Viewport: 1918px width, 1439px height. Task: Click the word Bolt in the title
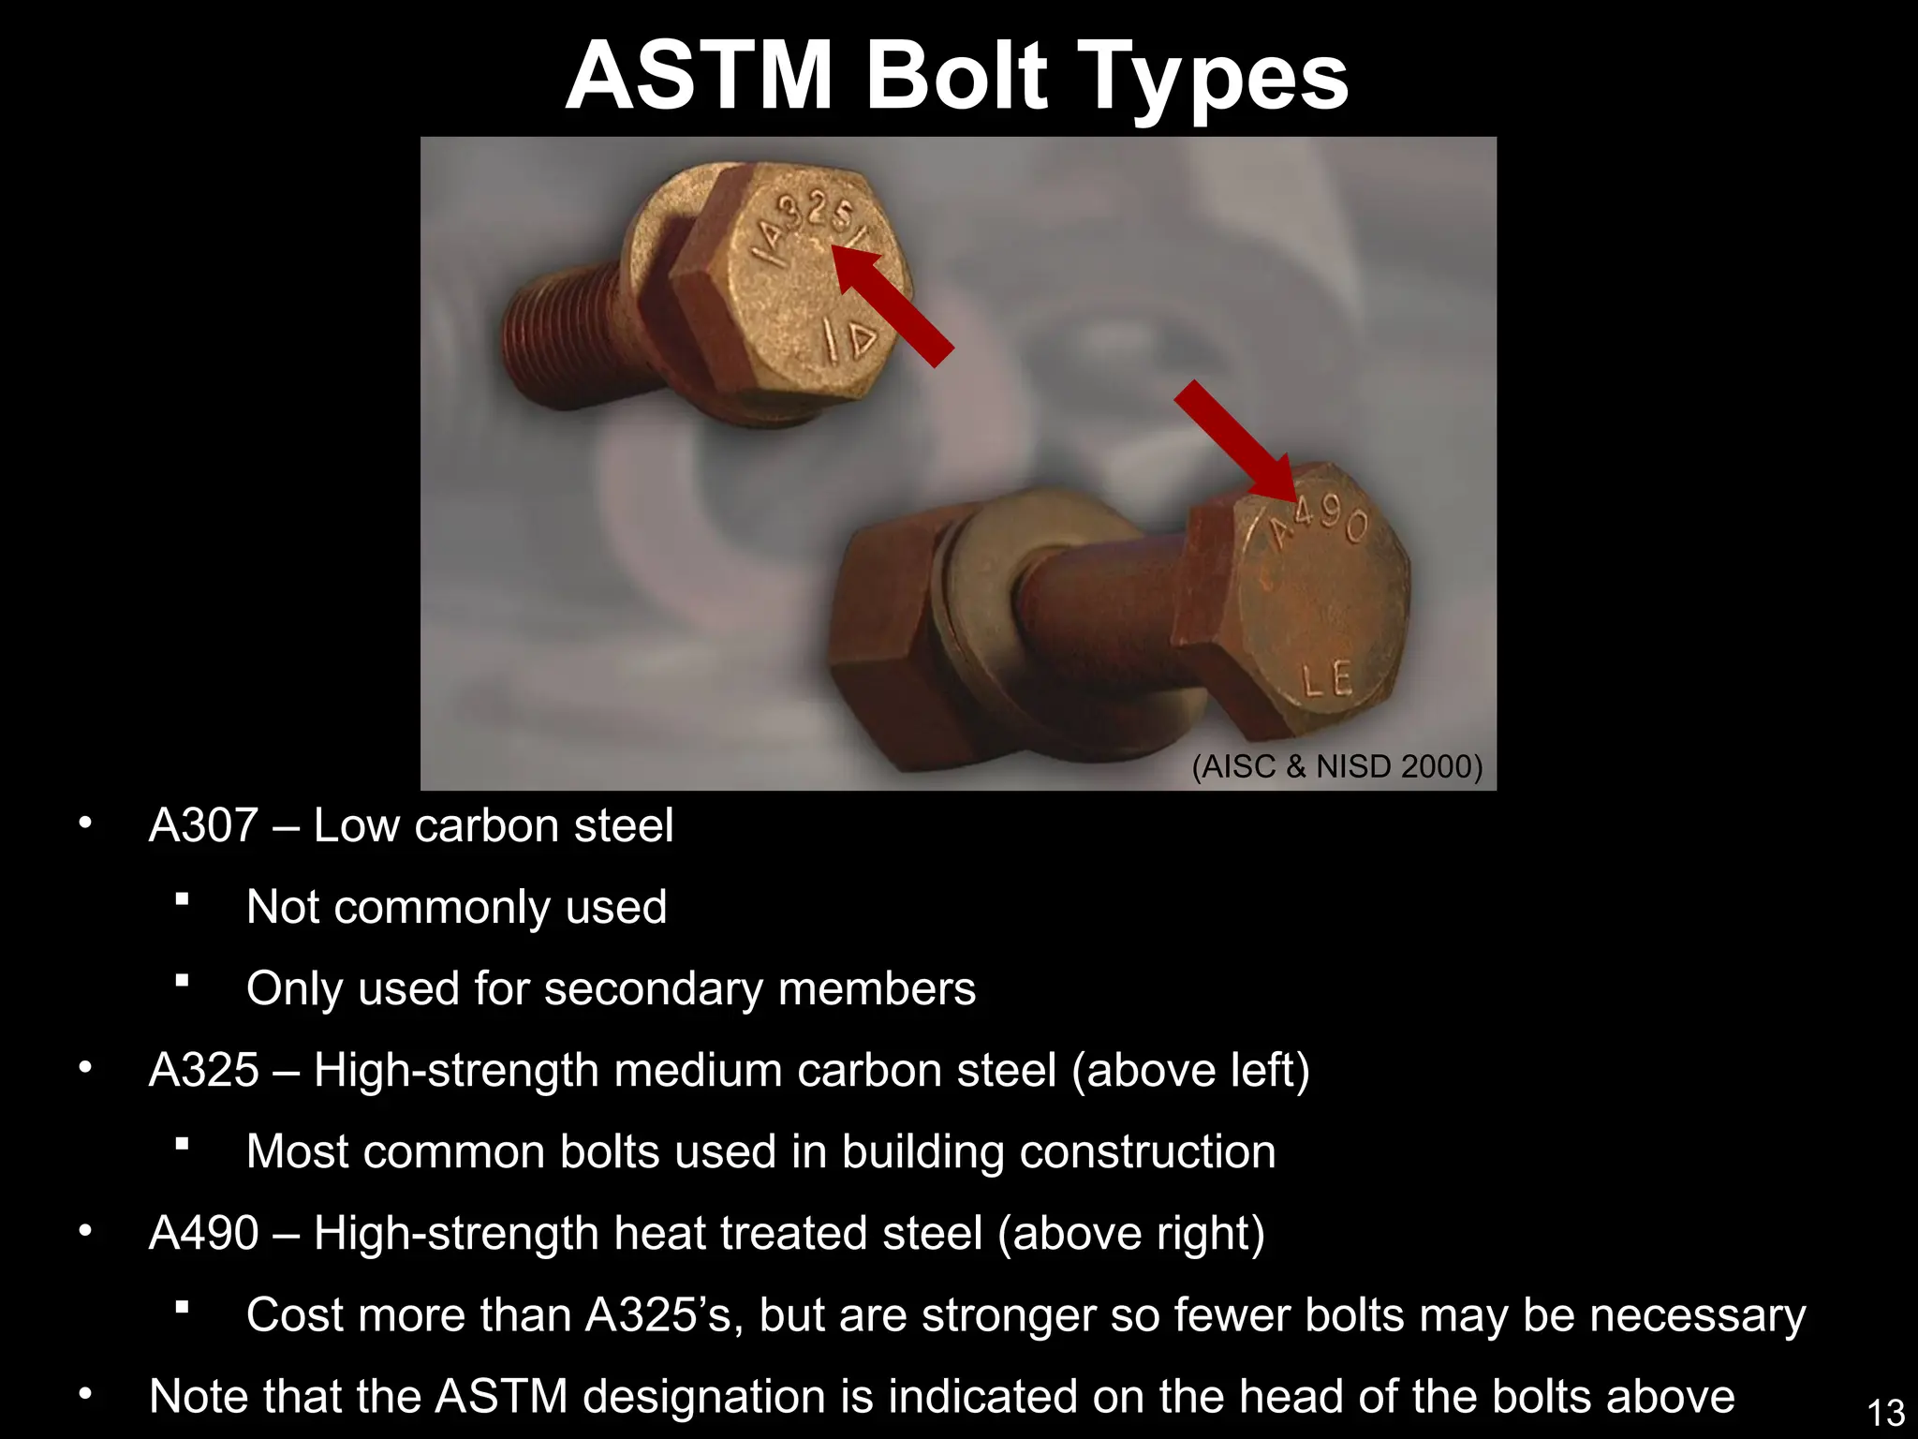956,77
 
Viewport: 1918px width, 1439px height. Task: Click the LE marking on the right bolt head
1328,678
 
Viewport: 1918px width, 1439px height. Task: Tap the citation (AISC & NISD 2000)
1337,766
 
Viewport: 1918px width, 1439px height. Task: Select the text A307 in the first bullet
203,825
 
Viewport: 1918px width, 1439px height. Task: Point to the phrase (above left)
1190,1070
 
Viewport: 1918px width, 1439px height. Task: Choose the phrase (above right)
1131,1233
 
